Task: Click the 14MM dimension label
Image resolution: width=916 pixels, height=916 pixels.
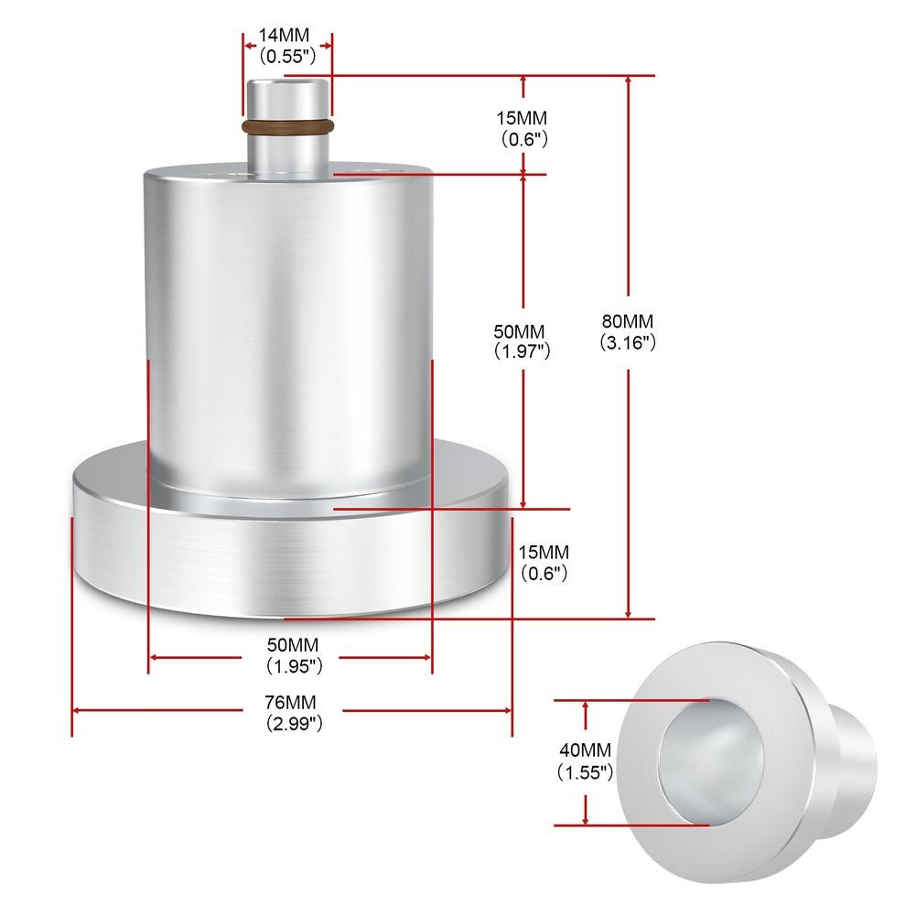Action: tap(286, 35)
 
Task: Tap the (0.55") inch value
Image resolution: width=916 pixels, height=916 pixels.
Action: tap(286, 55)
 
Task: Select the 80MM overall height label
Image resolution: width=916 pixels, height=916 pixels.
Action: tap(628, 321)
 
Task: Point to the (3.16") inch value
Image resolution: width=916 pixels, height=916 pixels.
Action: tap(628, 343)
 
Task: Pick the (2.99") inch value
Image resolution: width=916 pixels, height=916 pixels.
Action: tap(293, 723)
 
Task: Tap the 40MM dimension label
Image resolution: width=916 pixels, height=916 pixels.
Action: tap(586, 750)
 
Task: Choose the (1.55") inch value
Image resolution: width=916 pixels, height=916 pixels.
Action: tap(586, 772)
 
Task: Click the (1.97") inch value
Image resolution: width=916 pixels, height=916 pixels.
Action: tap(523, 350)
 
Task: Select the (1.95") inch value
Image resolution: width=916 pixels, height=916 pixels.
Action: tap(294, 666)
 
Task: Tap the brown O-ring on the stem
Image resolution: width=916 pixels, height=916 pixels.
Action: tap(286, 125)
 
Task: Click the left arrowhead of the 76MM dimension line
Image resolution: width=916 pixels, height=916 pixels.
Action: tap(77, 709)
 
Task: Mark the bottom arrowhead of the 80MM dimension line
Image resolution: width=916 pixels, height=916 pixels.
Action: tap(628, 614)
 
